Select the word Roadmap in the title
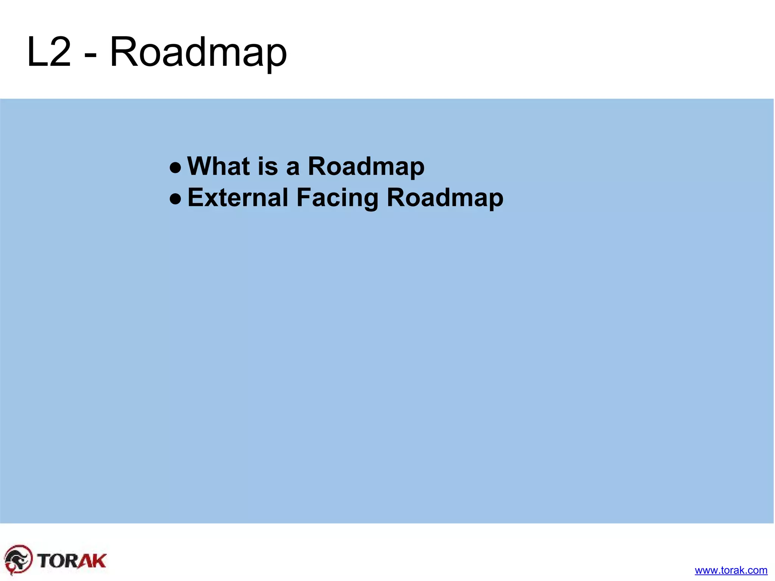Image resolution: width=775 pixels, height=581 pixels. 198,53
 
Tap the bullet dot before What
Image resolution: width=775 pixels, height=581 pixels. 175,167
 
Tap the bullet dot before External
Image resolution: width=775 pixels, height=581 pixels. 175,198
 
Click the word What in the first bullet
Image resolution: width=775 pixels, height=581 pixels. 218,166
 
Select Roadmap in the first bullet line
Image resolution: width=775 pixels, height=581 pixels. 366,167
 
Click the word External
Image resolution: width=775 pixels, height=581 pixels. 238,197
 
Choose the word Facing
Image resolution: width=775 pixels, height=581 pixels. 337,198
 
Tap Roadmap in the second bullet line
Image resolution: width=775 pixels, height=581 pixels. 445,198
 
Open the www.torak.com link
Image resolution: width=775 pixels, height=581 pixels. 731,570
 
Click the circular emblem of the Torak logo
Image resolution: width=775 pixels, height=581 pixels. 18,559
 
